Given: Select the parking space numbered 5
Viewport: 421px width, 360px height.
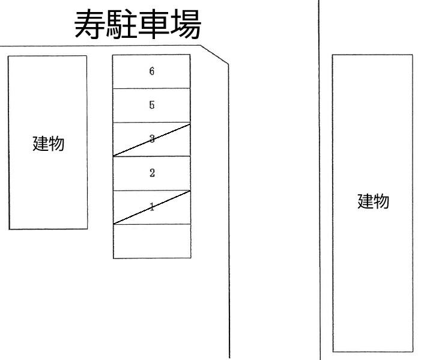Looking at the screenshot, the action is (x=151, y=106).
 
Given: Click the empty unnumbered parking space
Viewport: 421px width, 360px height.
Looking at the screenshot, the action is (x=151, y=241).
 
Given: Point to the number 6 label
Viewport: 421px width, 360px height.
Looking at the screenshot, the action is (x=152, y=72).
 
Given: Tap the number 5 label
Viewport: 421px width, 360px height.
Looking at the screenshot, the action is (x=152, y=105).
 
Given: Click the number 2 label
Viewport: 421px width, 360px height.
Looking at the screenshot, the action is (x=152, y=173).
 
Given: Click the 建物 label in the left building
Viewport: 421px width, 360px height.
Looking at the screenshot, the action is (x=48, y=144).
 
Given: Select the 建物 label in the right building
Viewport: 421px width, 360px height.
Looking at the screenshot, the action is (x=373, y=201).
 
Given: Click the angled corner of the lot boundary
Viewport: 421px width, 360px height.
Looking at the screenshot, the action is (x=215, y=53).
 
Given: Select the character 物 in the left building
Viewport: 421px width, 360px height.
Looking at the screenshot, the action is (x=56, y=144).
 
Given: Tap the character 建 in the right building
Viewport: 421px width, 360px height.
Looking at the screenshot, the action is (x=365, y=201).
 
